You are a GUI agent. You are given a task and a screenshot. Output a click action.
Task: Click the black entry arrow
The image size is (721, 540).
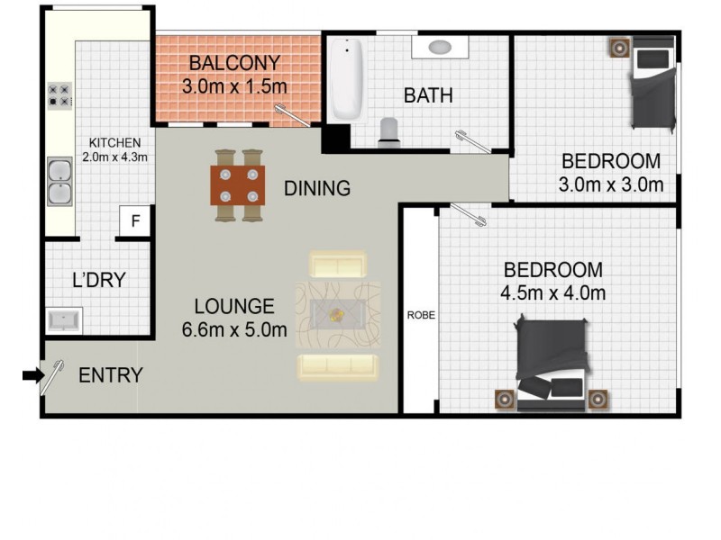coord(32,376)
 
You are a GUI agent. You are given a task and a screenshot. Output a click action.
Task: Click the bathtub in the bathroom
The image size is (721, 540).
coord(347,79)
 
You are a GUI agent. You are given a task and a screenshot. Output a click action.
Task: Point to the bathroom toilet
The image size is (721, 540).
coord(389,131)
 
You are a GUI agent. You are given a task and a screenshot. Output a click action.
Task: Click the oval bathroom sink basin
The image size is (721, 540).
coord(439,47)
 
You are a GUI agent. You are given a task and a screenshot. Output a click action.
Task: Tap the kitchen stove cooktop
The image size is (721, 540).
coord(59,95)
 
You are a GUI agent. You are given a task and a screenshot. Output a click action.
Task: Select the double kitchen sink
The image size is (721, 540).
coord(59,181)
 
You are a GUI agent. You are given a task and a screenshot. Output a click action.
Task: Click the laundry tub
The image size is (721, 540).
coord(64,319)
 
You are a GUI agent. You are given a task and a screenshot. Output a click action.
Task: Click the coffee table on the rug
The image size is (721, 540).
coord(337,314)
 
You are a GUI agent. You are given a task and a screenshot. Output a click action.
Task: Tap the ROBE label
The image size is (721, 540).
coord(419,316)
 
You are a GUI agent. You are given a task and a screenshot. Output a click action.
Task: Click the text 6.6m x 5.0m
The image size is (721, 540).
coord(234,330)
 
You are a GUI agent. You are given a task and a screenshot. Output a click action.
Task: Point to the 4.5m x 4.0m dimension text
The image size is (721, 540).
coord(552,292)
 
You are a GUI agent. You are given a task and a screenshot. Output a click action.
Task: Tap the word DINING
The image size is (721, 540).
coord(316,189)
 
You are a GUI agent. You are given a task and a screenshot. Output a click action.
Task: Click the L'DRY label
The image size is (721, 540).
coord(98,280)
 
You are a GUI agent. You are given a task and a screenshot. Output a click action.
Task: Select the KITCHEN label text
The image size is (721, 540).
coord(114,143)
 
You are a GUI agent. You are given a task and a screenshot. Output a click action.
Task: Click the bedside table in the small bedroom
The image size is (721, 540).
coord(618,48)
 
